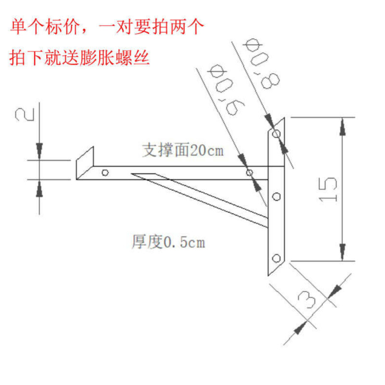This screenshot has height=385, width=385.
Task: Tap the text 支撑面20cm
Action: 183,151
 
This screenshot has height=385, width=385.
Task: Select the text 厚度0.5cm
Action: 168,242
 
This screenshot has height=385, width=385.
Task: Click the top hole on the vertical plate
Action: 276,133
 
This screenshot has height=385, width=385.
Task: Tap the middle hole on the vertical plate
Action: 276,196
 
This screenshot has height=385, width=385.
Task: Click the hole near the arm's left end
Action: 105,172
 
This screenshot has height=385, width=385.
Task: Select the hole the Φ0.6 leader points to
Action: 249,172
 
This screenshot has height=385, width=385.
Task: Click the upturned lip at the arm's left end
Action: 85,161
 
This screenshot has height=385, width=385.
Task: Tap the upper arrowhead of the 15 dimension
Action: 343,126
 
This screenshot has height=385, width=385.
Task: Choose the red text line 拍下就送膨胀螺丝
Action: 80,57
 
